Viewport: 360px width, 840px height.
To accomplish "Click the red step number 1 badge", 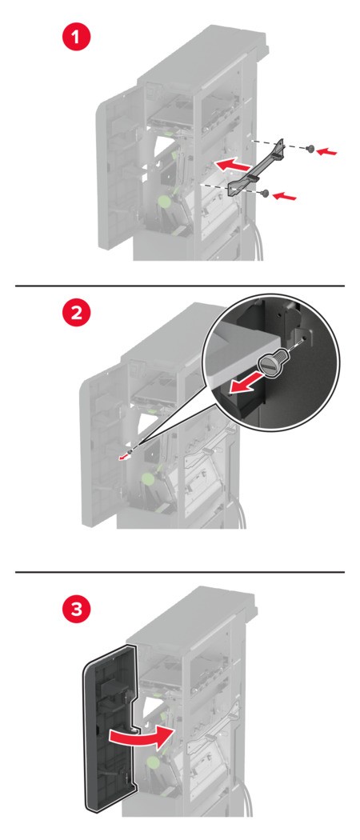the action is click(x=75, y=38).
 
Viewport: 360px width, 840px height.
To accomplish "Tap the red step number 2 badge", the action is click(x=77, y=313).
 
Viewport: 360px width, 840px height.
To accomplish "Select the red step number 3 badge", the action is click(x=77, y=610).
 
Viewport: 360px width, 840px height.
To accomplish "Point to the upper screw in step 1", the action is click(x=310, y=150).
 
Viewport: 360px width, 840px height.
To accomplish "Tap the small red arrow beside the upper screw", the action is click(x=326, y=153).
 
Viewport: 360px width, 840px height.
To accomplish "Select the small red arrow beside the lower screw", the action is click(x=284, y=197).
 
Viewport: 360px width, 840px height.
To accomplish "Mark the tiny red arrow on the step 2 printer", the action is click(x=124, y=456).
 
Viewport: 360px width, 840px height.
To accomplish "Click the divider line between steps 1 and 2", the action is click(x=180, y=286).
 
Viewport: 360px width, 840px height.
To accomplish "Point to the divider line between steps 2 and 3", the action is click(x=180, y=572).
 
